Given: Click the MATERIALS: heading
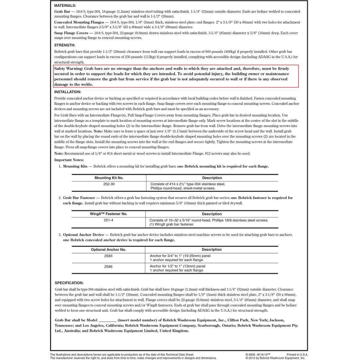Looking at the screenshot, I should tap(65, 6).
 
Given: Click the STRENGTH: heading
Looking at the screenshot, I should tap(64, 45).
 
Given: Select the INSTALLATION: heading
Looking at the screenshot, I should tap(67, 92).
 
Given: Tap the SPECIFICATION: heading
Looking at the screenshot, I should tap(69, 283).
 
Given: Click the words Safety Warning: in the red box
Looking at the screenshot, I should tap(68, 69).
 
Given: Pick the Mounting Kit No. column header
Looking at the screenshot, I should tap(109, 178).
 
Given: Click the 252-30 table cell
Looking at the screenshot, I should tap(109, 184).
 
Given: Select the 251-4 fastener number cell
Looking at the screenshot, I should tap(108, 220).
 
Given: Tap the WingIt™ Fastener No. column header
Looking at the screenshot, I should tap(109, 214).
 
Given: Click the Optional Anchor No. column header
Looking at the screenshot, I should tap(108, 250).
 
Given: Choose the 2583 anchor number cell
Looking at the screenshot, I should tap(108, 256).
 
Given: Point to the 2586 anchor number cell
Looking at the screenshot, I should tap(108, 266).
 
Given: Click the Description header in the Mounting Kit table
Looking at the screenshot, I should tap(212, 178).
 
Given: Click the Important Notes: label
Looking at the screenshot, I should tap(69, 160).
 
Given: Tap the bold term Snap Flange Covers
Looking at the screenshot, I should tap(71, 33).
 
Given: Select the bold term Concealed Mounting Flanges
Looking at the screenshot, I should tap(79, 22).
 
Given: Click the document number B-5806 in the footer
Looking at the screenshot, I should tap(251, 355).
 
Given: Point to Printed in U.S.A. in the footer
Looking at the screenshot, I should tap(297, 355).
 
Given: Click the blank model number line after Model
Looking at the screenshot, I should tap(107, 320).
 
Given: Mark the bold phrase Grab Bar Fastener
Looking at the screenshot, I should tap(79, 198).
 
